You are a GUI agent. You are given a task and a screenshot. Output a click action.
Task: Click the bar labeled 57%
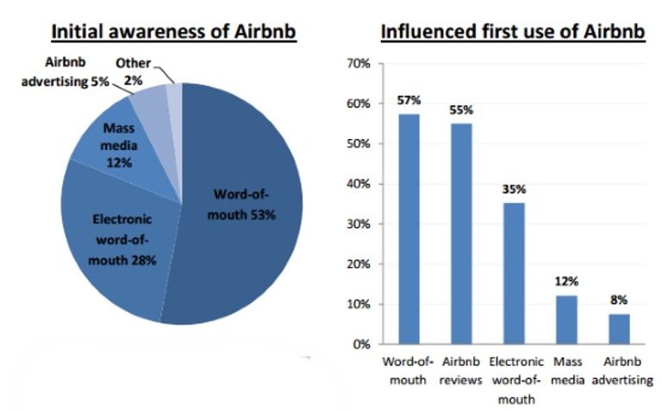pyautogui.click(x=409, y=229)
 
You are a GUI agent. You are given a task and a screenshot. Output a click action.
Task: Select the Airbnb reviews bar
pyautogui.click(x=461, y=233)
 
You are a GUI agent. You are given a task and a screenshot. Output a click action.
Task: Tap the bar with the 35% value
pyautogui.click(x=514, y=273)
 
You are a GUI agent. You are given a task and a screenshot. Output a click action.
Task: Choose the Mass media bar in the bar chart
pyautogui.click(x=566, y=319)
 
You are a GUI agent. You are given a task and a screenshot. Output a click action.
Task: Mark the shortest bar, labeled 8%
pyautogui.click(x=619, y=329)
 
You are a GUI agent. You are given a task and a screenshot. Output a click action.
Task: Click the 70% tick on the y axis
pyautogui.click(x=359, y=63)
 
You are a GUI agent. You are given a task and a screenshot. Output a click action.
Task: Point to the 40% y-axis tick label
pyautogui.click(x=359, y=184)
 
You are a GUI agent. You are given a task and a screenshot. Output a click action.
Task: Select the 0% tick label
pyautogui.click(x=361, y=345)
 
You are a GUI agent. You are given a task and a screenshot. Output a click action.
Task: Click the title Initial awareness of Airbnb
pyautogui.click(x=173, y=32)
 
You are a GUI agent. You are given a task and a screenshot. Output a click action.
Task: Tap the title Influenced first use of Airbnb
pyautogui.click(x=513, y=32)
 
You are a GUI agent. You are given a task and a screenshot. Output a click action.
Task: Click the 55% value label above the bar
pyautogui.click(x=461, y=111)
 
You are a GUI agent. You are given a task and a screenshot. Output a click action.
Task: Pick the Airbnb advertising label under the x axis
pyautogui.click(x=622, y=370)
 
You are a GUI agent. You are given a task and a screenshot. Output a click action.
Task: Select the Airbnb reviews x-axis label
pyautogui.click(x=460, y=370)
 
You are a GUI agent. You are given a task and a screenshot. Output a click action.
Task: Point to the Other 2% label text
pyautogui.click(x=134, y=72)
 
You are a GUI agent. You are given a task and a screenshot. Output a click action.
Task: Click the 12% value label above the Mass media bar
pyautogui.click(x=566, y=281)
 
